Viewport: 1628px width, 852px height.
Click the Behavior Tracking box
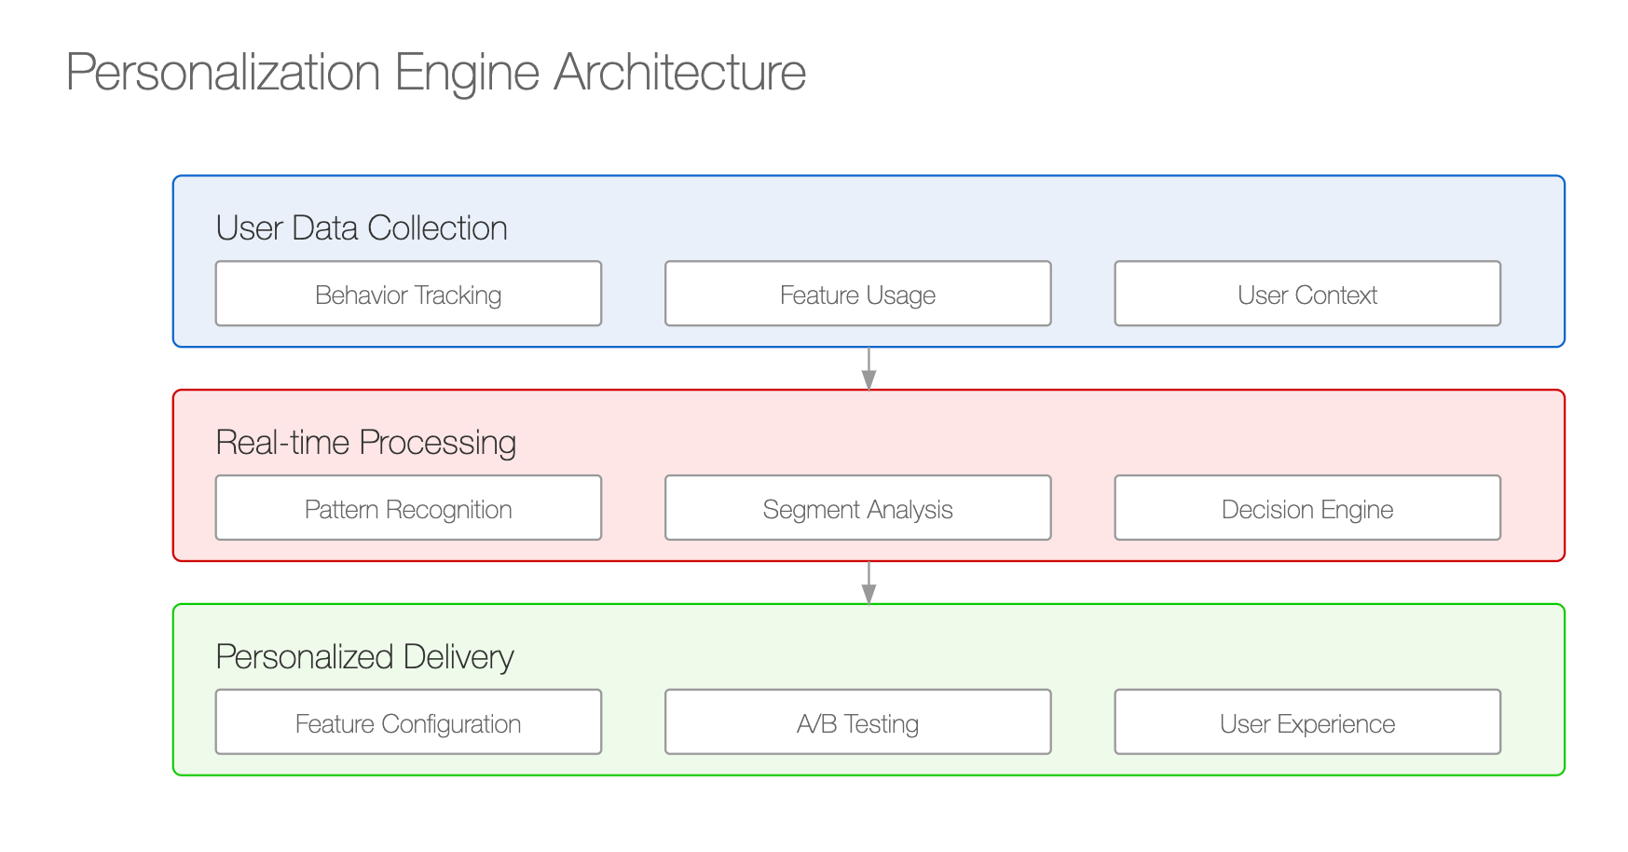pos(408,294)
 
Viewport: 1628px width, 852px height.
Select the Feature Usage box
pos(857,294)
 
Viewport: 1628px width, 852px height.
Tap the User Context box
pos(1307,294)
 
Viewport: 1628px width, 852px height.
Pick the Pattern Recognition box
pos(408,508)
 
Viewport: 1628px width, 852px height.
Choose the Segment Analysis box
pos(857,508)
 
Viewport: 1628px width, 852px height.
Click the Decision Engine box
pos(1307,508)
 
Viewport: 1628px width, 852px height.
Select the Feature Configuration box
pos(408,722)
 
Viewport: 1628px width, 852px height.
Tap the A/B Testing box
pos(857,722)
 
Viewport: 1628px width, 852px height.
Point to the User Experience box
pos(1307,722)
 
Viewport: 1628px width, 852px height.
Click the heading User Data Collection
pos(362,228)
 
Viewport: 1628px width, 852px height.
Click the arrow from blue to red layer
pos(869,368)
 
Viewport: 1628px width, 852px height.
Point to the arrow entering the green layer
pos(869,583)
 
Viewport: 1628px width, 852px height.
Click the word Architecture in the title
pos(680,72)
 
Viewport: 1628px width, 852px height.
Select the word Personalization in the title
pos(224,72)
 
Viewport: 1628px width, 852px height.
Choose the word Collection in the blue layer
pos(437,228)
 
